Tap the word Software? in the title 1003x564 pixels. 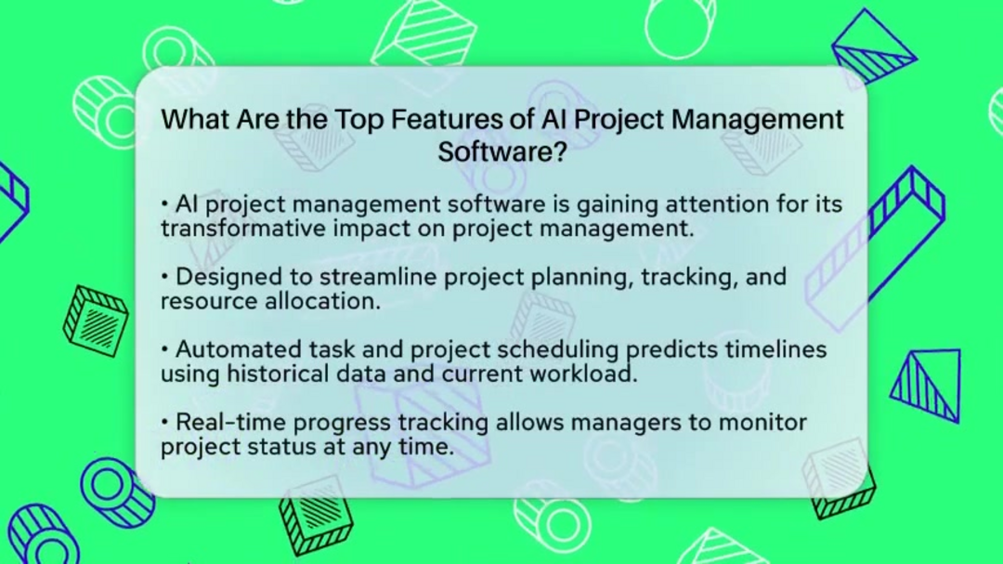click(x=502, y=152)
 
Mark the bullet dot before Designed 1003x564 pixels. click(x=165, y=277)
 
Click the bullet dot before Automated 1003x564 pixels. click(x=165, y=350)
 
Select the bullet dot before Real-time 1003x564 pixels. click(x=165, y=423)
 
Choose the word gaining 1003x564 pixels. click(x=618, y=205)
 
